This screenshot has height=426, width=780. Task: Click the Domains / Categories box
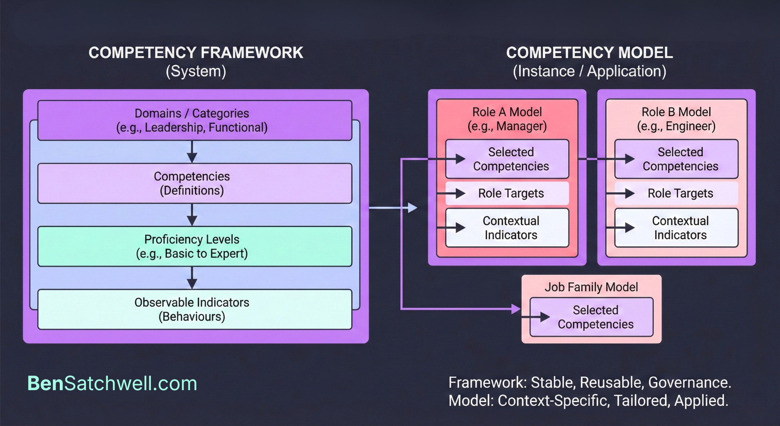[195, 120]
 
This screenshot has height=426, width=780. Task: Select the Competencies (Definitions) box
[195, 183]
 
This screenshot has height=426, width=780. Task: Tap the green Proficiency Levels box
[195, 246]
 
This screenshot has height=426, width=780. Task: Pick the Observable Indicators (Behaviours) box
[195, 309]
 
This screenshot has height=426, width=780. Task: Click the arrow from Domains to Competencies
[192, 152]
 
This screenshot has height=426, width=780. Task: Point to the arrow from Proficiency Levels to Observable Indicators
[192, 278]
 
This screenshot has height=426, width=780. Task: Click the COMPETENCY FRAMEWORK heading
[196, 53]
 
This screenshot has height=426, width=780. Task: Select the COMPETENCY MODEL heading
[589, 53]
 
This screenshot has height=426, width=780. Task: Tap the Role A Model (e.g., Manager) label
[507, 119]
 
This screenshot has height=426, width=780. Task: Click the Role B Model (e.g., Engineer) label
[676, 119]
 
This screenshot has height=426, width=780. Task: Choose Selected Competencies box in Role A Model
[510, 159]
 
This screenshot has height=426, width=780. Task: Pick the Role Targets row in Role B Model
[680, 193]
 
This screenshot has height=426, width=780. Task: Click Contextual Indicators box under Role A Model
[510, 228]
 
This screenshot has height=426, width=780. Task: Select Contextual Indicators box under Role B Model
[680, 228]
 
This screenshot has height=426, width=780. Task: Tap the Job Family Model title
[591, 287]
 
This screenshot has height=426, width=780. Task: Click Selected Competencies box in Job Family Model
[595, 317]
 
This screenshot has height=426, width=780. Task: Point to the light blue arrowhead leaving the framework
[412, 208]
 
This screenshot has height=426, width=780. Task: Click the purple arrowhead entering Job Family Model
[516, 309]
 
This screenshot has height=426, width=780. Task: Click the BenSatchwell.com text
[112, 383]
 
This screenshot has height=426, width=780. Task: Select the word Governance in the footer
[689, 383]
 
